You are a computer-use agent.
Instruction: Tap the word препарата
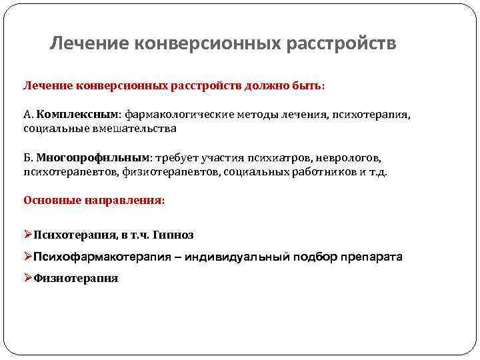tap(371, 257)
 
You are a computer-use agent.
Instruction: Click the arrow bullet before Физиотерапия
tap(28, 278)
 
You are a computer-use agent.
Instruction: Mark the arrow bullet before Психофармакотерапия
tap(28, 257)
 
